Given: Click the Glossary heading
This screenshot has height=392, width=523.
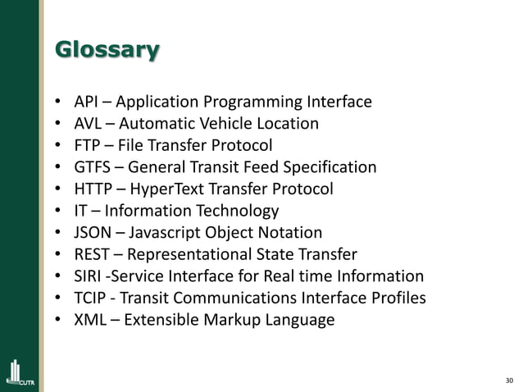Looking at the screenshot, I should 107,51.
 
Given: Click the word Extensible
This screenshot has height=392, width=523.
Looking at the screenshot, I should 161,320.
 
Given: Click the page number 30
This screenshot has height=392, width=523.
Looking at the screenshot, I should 509,380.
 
